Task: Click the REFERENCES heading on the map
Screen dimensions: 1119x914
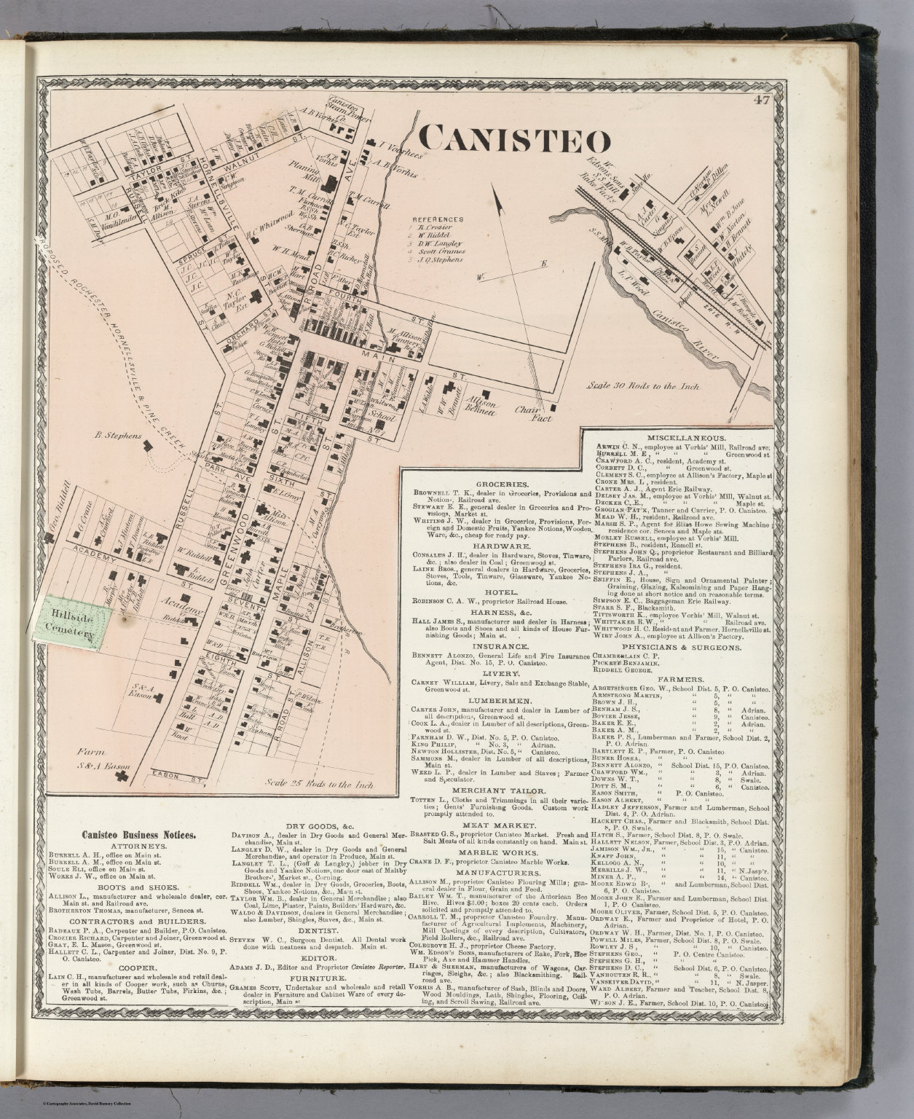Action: tap(437, 219)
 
